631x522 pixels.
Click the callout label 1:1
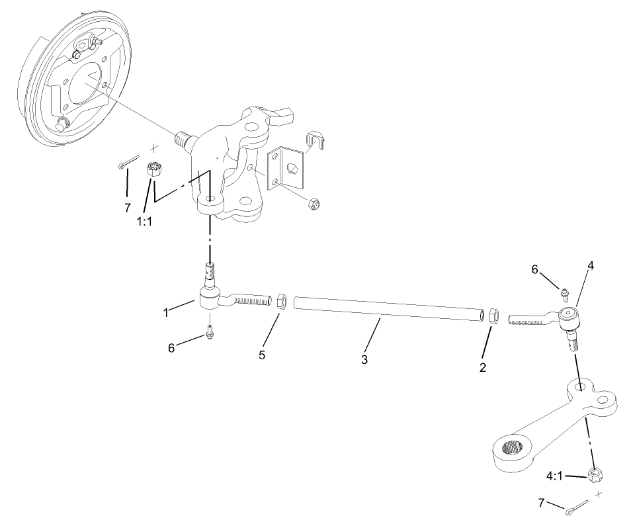144,222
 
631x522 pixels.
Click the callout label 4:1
554,476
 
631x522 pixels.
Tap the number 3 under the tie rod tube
364,360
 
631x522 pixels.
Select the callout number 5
262,355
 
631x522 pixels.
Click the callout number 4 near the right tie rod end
590,266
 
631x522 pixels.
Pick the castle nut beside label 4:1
595,474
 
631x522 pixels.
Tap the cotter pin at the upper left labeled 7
128,162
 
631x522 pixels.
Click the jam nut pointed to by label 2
493,314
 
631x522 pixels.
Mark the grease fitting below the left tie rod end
210,330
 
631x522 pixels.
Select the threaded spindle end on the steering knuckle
183,140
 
